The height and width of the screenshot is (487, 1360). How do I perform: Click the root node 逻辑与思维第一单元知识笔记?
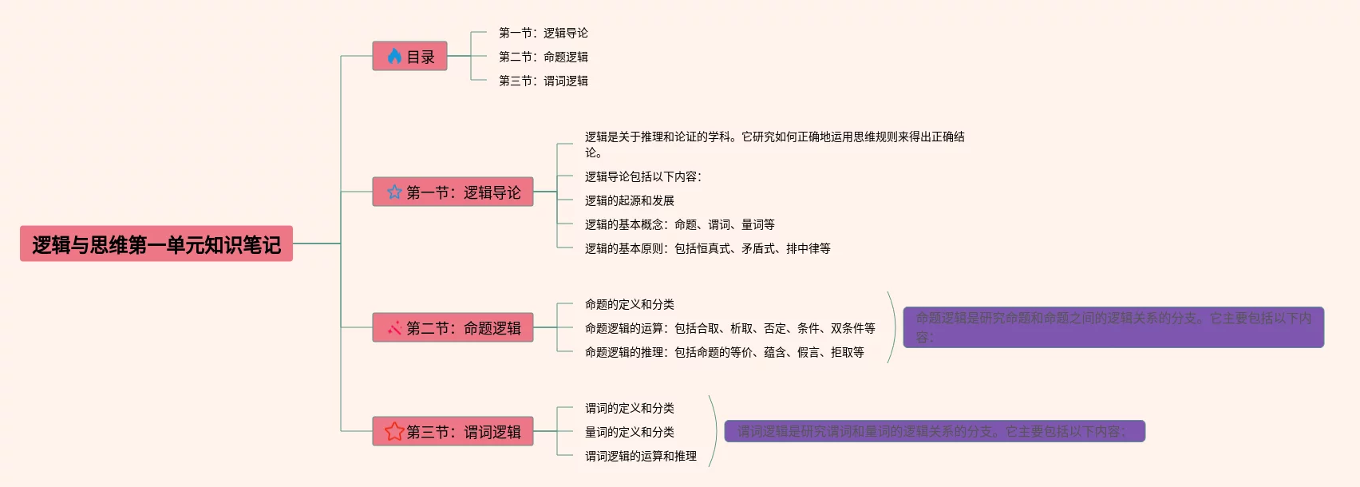coord(156,244)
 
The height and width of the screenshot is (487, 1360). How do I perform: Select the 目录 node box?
coord(409,57)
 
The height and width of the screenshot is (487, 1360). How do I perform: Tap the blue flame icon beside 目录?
coord(394,57)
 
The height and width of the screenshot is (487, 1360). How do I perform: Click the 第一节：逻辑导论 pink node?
coord(453,192)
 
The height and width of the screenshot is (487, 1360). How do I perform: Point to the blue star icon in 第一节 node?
coord(394,192)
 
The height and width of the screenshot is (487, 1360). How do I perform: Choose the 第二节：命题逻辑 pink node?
coord(453,328)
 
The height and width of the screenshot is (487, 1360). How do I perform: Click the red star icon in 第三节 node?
coord(394,432)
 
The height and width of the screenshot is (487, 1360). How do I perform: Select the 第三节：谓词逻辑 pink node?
coord(453,432)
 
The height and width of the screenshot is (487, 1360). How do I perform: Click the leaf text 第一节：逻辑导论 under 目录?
coord(543,33)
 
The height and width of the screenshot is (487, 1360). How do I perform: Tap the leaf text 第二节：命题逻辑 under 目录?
coord(543,57)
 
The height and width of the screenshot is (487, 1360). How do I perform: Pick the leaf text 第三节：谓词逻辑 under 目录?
coord(543,81)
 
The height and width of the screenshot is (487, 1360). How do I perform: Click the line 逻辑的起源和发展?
coord(629,200)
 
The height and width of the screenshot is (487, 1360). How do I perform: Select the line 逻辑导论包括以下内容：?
coord(643,176)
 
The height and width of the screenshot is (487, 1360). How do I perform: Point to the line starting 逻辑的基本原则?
coord(707,248)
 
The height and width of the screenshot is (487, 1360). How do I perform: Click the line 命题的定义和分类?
coord(629,304)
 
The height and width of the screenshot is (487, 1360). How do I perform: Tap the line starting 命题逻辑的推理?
coord(724,352)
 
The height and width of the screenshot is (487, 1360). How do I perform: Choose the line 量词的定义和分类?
coord(629,432)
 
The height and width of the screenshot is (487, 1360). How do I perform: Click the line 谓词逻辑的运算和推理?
coord(640,456)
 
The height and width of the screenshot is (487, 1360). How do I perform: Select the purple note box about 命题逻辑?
coord(1113,327)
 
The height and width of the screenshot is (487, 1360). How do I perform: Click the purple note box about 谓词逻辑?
coord(934,431)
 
